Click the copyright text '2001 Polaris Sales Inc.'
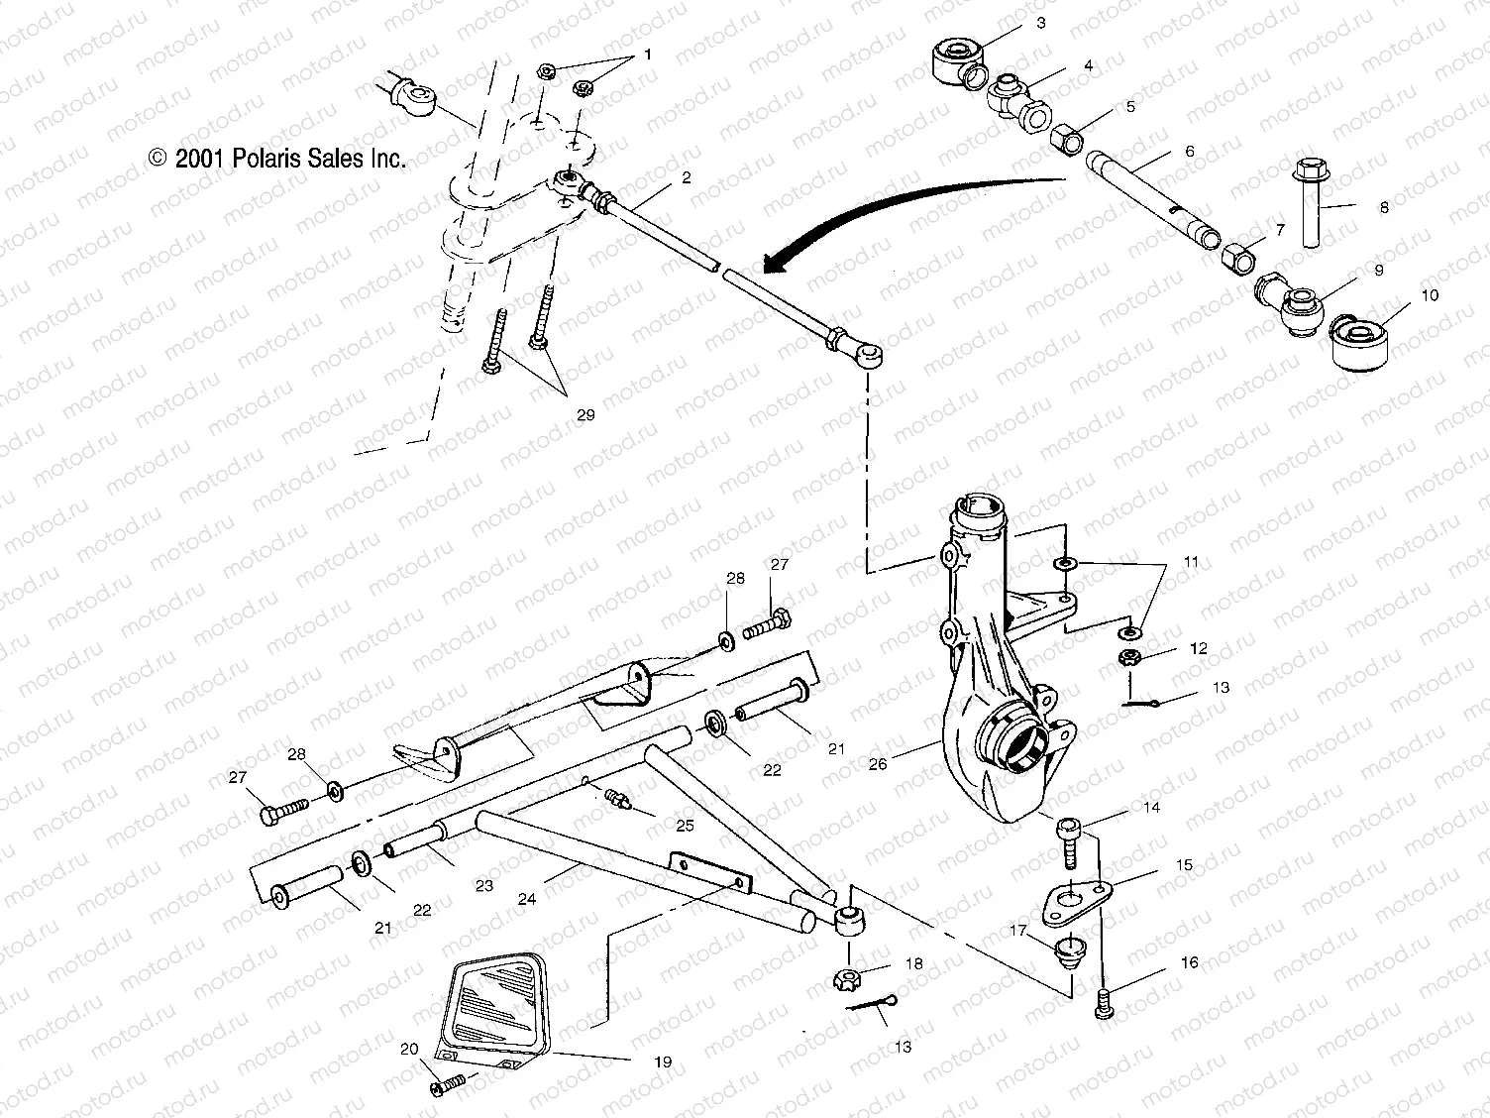277,159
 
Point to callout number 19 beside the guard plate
663,1062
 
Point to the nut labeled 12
1127,657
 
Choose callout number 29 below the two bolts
585,414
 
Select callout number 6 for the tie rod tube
1190,152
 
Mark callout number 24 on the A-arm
527,899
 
